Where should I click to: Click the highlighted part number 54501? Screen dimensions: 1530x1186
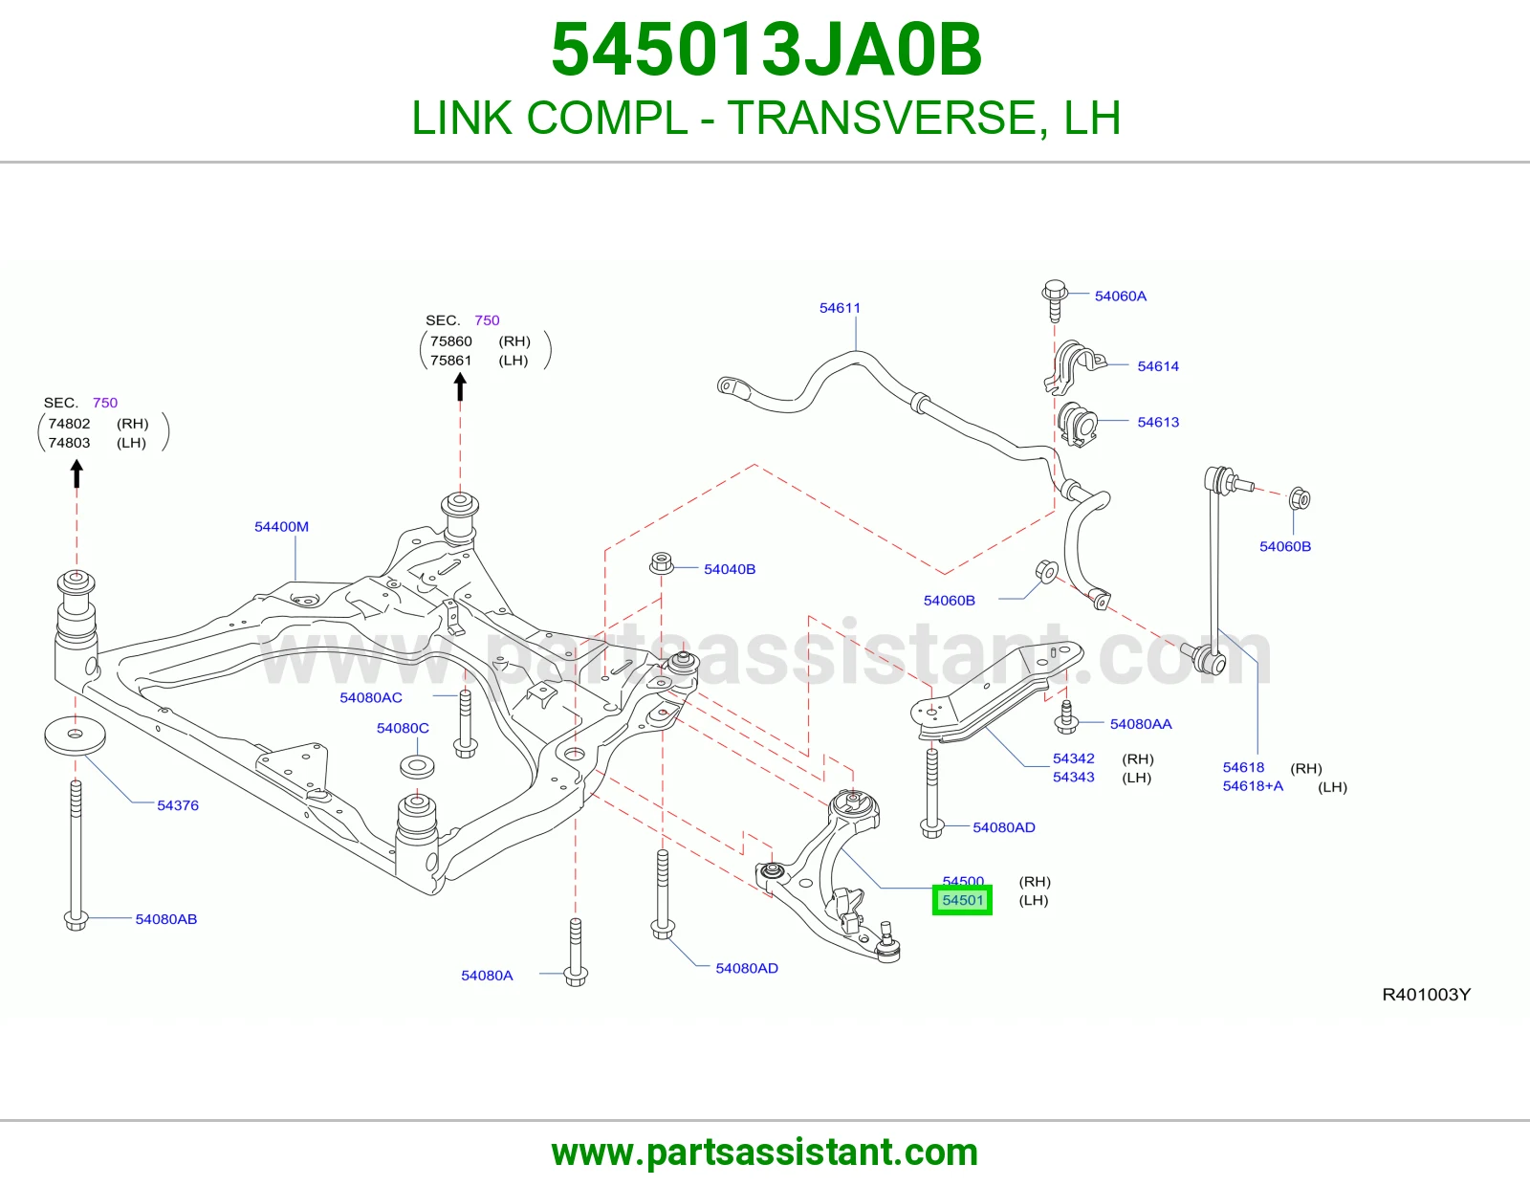coord(962,900)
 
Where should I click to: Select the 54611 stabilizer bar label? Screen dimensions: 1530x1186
coord(840,308)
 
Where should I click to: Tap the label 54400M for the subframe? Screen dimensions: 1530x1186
coord(281,527)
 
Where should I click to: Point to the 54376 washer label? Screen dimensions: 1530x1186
coord(178,805)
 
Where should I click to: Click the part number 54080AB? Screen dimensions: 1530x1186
coord(166,919)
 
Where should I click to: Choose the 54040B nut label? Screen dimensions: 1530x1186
coord(730,569)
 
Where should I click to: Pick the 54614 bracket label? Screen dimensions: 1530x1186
coord(1157,366)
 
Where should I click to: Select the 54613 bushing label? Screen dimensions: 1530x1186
coord(1157,422)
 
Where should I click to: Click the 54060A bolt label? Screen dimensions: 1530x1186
coord(1120,296)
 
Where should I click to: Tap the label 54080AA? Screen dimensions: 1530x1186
coord(1141,724)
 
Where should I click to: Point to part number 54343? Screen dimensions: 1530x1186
coord(1073,777)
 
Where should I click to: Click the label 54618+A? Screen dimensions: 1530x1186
coord(1253,786)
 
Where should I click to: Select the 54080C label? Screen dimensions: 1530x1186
coord(403,728)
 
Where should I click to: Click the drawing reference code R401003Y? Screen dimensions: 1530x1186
coord(1426,995)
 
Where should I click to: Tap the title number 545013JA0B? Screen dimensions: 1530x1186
coord(766,50)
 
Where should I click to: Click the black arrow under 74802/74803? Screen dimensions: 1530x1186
coord(76,473)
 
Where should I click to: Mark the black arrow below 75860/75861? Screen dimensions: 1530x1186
coord(460,386)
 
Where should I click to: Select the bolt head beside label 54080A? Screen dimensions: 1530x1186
coord(576,977)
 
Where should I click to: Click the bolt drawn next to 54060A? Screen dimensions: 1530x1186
coord(1054,299)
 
